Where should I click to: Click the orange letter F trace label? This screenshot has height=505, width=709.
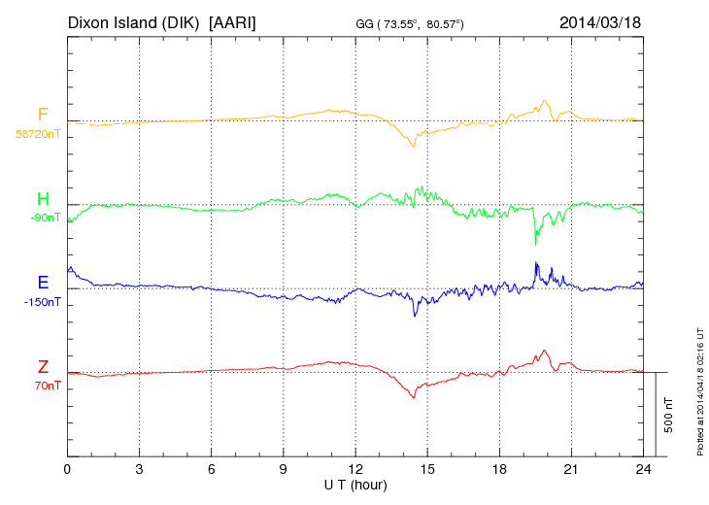tap(43, 115)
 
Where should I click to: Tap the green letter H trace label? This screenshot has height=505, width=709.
tap(43, 199)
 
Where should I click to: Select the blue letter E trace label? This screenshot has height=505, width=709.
tap(43, 283)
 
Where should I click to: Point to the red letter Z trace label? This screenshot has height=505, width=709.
tap(43, 367)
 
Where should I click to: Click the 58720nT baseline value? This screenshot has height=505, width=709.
tap(37, 134)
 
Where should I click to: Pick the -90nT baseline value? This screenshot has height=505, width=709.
tap(46, 218)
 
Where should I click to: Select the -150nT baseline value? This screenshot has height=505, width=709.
tap(43, 302)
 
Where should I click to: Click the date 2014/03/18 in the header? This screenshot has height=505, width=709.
tap(600, 21)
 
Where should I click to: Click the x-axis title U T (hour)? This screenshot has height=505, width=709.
tap(355, 485)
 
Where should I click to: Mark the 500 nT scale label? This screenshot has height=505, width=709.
tap(669, 415)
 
